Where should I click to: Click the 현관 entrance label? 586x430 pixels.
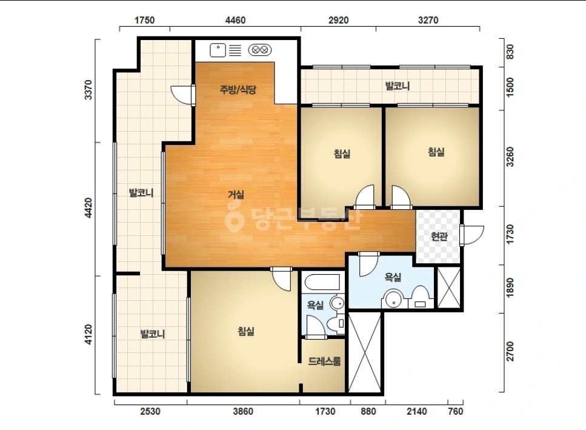(439, 237)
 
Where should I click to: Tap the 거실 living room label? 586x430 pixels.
(236, 195)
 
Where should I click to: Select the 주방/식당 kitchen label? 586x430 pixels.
(238, 89)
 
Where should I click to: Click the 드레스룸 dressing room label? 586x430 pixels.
(324, 361)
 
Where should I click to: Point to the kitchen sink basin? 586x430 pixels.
(218, 50)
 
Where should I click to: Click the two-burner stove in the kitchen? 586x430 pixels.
(259, 50)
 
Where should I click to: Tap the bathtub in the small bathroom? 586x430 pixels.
(322, 282)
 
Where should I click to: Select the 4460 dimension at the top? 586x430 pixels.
(236, 20)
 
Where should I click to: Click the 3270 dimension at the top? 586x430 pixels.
(428, 20)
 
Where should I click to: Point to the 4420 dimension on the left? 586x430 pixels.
(88, 208)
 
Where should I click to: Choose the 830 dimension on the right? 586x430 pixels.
(510, 52)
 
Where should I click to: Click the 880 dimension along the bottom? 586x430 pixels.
(368, 411)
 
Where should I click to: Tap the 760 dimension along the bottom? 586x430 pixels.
(455, 411)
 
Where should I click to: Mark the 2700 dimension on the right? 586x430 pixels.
(510, 352)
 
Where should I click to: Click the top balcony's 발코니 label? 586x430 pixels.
(398, 86)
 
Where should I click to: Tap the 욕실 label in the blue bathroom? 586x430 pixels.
(393, 277)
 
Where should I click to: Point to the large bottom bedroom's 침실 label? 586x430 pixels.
(246, 331)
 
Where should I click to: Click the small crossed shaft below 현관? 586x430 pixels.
(449, 287)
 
